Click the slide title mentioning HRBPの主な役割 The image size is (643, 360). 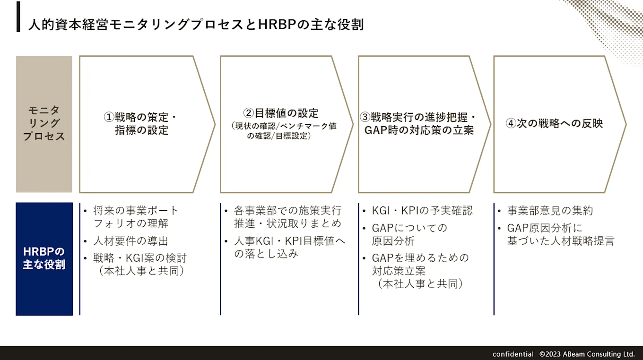point(196,25)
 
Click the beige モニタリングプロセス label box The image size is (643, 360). point(44,124)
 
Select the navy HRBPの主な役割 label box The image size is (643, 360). point(44,258)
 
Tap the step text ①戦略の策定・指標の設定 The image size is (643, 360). point(142,124)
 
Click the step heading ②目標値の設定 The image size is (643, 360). point(281,113)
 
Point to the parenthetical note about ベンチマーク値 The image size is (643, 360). point(284,131)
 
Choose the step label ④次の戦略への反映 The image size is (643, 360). point(554,124)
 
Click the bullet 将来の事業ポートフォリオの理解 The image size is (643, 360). point(136,217)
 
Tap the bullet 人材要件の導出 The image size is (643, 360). point(130,241)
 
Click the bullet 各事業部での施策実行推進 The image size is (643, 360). point(287,217)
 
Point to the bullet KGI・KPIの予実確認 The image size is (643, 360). point(422,211)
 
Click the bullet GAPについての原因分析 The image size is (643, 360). point(409,234)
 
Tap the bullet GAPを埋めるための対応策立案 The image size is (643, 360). point(420,270)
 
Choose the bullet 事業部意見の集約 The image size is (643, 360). point(549,211)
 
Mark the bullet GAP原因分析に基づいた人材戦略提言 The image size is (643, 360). point(560,234)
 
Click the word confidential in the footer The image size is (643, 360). point(513,354)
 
